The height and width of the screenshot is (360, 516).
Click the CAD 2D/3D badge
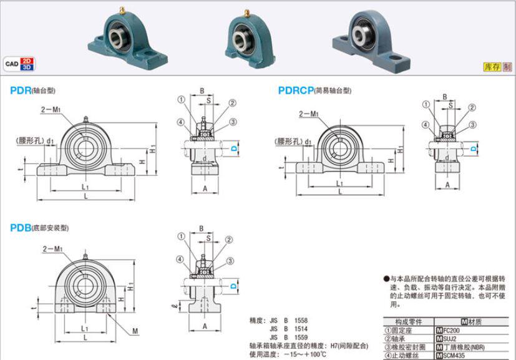(x=21, y=63)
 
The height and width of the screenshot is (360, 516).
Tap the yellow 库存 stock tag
(x=492, y=67)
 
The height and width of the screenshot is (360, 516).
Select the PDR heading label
(x=21, y=90)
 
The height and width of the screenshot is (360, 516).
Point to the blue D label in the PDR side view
(x=234, y=148)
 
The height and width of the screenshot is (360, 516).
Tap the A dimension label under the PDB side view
(x=205, y=326)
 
